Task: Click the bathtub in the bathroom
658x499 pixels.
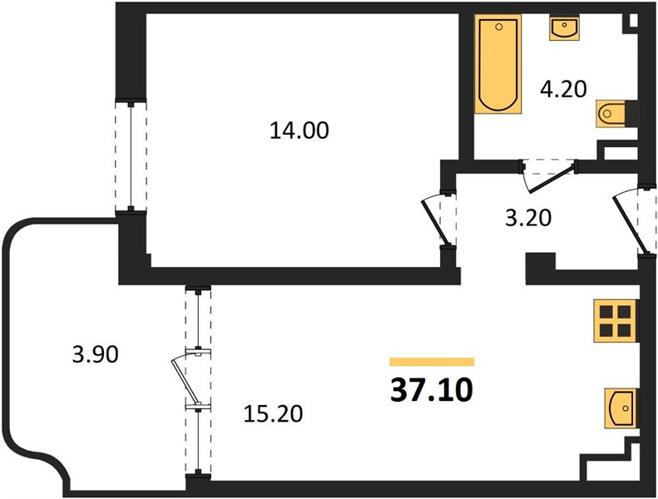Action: point(498,64)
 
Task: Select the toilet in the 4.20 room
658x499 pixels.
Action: point(611,113)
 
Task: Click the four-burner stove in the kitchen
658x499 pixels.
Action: point(616,321)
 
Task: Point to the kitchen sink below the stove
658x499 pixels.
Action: point(621,408)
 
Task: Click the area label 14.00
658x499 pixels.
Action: point(299,131)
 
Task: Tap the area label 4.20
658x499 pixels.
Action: point(563,89)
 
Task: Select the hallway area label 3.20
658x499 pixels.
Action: point(528,218)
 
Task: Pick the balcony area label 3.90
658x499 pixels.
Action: point(96,354)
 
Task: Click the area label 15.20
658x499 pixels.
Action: point(273,414)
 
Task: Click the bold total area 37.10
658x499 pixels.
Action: point(432,390)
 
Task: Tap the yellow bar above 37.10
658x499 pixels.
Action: point(432,362)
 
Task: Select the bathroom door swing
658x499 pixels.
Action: point(550,178)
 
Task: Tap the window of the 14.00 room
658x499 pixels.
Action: point(131,156)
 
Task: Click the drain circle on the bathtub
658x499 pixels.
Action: point(498,27)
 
